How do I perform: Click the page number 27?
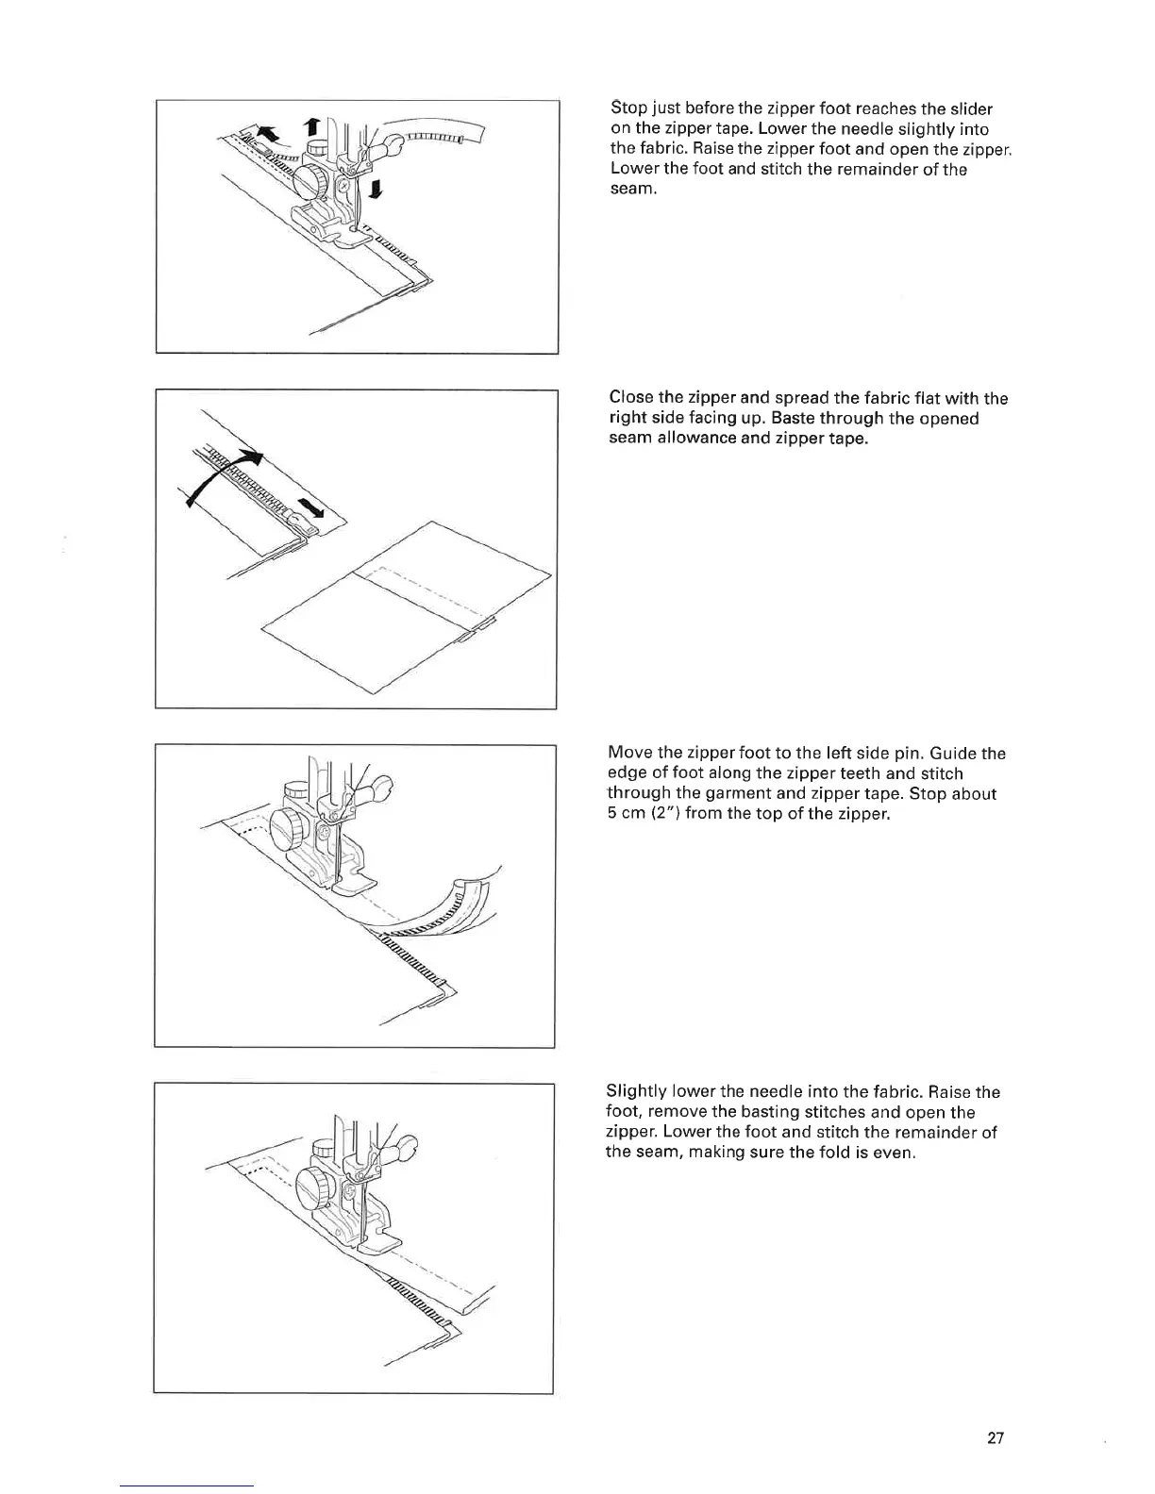[x=996, y=1438]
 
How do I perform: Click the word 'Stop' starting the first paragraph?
[x=627, y=108]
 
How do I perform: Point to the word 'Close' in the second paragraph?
[x=631, y=398]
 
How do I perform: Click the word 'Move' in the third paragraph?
[x=630, y=753]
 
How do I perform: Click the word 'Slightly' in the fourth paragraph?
[x=637, y=1092]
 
